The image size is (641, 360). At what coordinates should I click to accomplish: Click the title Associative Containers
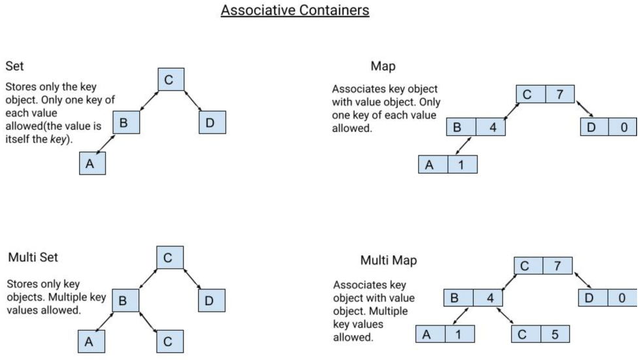295,11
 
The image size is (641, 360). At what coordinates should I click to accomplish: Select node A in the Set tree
91,163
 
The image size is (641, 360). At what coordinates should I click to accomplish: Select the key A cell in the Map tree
433,165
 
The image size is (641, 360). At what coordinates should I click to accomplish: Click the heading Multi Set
33,257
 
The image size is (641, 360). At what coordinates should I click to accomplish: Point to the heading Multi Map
388,261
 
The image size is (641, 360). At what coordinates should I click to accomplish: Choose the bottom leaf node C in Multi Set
169,341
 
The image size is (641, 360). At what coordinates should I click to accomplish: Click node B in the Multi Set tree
126,301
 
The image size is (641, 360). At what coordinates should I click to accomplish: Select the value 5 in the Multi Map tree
555,334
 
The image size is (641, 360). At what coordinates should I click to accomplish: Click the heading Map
383,67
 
